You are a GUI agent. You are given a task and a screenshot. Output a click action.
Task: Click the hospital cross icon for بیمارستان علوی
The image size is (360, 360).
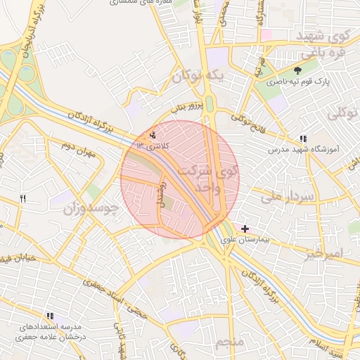pyautogui.click(x=245, y=228)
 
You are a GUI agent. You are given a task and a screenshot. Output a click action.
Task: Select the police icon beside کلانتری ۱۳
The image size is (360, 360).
pyautogui.click(x=154, y=134)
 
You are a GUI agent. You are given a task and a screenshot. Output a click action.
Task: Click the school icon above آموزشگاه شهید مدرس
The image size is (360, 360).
pyautogui.click(x=303, y=139)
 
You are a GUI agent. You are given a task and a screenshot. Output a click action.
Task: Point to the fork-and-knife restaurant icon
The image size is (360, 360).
pyautogui.click(x=22, y=200)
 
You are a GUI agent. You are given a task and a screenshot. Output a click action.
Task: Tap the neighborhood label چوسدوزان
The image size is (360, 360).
pyautogui.click(x=89, y=209)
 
